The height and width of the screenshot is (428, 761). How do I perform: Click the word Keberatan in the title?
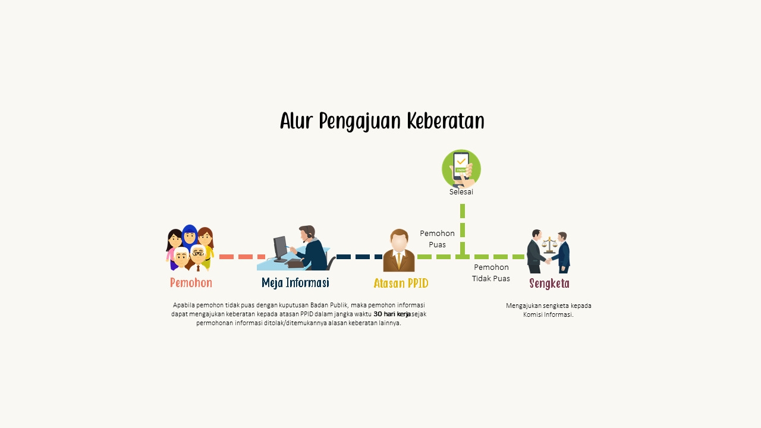(445, 121)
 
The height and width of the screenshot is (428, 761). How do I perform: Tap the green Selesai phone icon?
(461, 169)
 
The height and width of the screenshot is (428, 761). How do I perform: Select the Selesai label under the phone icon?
(461, 192)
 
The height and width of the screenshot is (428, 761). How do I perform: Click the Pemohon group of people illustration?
(190, 248)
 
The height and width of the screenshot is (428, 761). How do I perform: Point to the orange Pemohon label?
(191, 282)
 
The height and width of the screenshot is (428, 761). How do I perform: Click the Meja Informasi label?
(295, 282)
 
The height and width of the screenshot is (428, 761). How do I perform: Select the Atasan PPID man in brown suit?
(399, 250)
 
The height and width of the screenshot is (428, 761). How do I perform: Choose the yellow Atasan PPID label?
(401, 283)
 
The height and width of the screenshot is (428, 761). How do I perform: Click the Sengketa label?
(549, 284)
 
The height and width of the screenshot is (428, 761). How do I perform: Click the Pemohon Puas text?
(437, 239)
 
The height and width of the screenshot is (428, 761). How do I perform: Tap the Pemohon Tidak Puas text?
(491, 273)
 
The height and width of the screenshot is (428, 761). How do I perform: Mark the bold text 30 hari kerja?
(392, 314)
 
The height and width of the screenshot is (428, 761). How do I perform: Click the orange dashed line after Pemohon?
(242, 257)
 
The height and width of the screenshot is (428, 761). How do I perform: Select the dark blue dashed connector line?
(360, 257)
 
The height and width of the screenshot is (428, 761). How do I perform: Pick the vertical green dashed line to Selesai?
(463, 229)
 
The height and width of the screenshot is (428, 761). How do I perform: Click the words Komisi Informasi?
(548, 314)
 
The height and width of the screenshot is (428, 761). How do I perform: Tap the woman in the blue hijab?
(190, 236)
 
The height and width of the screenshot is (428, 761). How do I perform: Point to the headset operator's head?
(307, 232)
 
